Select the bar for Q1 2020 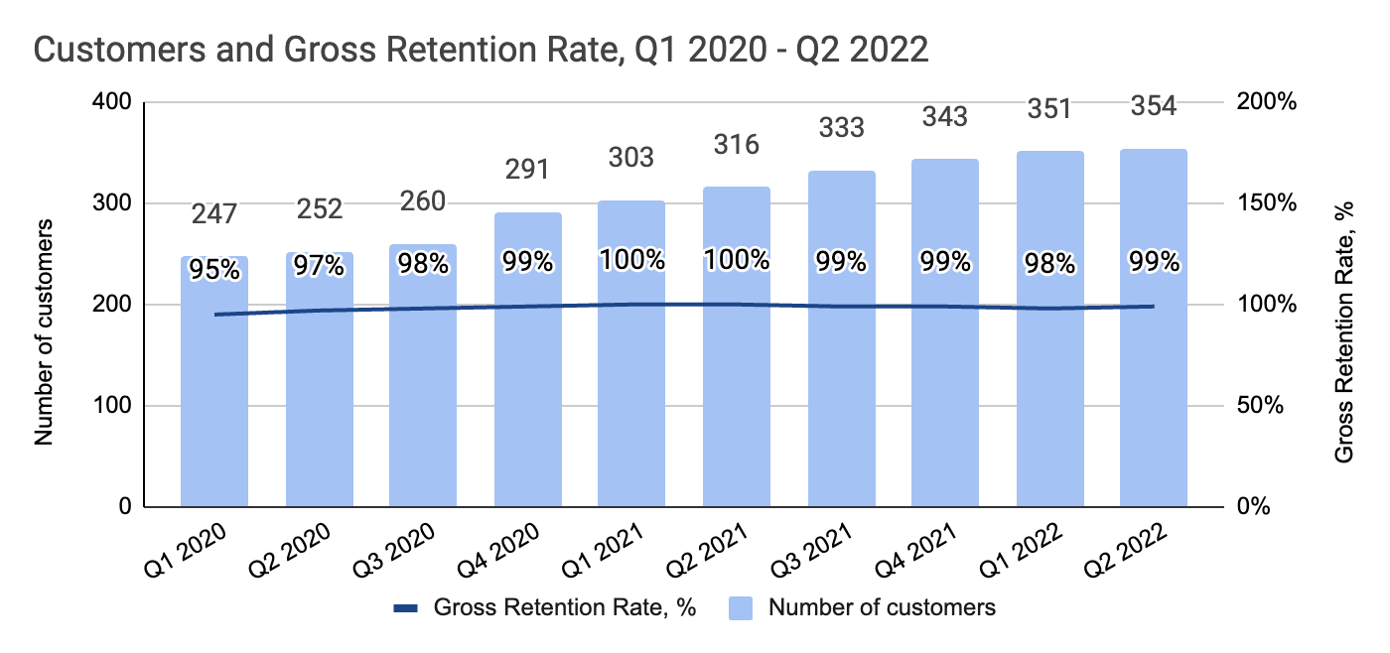tap(214, 397)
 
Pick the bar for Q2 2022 tap(1154, 397)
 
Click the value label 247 tap(214, 212)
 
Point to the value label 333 tap(841, 127)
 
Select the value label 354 tap(1154, 106)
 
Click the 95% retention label tap(214, 269)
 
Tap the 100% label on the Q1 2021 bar tap(631, 260)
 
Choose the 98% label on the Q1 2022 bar tap(1049, 264)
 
